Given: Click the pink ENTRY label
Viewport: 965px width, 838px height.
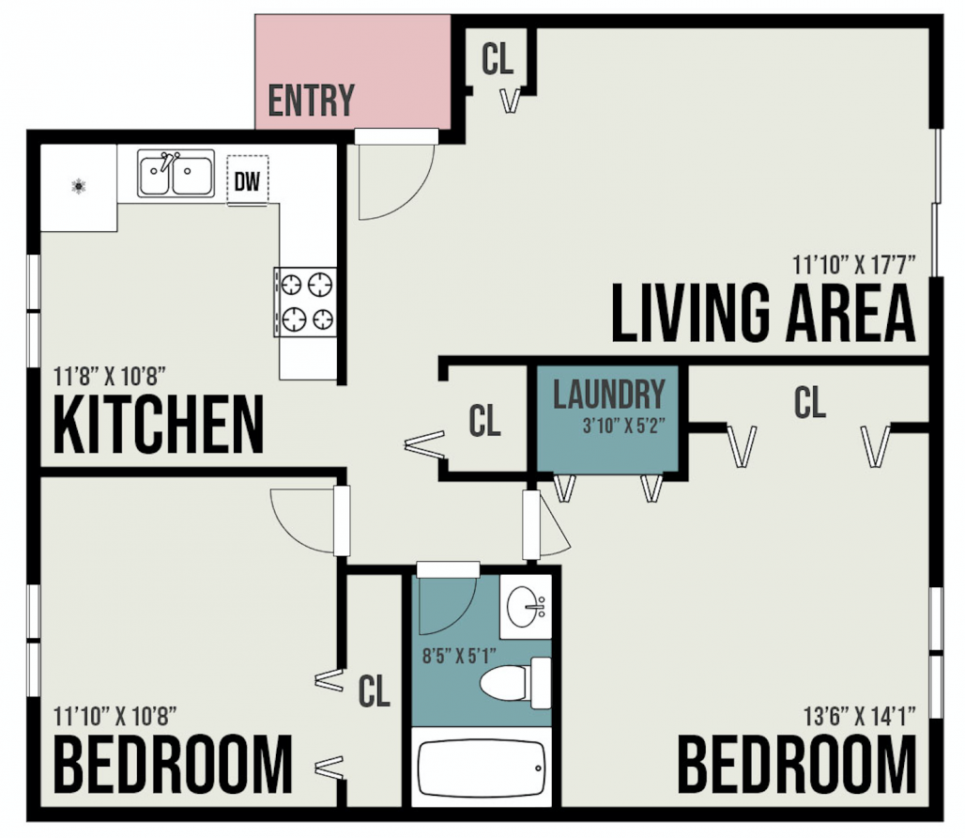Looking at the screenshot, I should click(x=312, y=100).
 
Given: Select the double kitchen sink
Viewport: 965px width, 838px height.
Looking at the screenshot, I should click(x=176, y=174).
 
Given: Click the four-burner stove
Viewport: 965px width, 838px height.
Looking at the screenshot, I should click(x=306, y=301).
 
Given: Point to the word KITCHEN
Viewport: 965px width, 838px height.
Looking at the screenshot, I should click(x=158, y=425).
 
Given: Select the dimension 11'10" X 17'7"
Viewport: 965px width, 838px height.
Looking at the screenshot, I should click(x=853, y=263).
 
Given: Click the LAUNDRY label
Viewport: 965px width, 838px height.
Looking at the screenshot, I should click(x=608, y=395).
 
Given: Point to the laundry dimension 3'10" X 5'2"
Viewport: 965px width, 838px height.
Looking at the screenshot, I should click(x=623, y=423).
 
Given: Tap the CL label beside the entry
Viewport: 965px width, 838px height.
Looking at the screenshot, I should click(x=498, y=59).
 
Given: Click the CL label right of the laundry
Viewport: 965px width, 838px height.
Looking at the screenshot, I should click(x=809, y=403).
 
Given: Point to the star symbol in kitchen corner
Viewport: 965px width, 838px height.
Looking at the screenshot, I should click(x=78, y=186).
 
